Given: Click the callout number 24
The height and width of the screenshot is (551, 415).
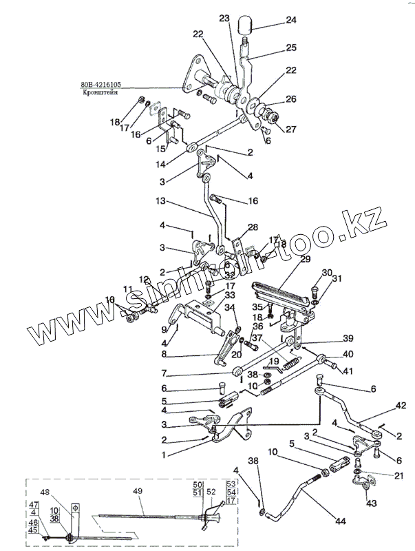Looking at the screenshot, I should click(x=292, y=21).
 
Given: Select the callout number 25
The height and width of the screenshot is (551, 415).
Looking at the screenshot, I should click(x=292, y=47).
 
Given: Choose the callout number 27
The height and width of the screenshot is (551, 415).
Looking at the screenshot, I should click(x=292, y=129).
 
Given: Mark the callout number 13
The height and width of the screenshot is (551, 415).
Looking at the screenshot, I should click(x=160, y=201).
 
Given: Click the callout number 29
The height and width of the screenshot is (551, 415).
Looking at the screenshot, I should click(x=304, y=258).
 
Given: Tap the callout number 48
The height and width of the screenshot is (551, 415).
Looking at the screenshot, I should click(x=45, y=492).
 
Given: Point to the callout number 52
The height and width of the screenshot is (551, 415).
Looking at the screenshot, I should click(x=211, y=492).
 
